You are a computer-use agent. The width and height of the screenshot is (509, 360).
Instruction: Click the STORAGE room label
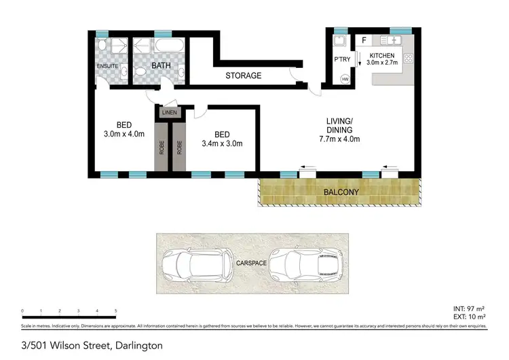click(243, 75)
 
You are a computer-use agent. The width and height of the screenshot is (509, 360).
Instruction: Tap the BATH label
click(161, 65)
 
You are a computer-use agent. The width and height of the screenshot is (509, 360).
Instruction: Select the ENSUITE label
click(108, 66)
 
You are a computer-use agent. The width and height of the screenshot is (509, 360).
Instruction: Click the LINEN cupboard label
click(169, 112)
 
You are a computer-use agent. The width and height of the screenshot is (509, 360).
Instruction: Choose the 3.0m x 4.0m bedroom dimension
click(124, 134)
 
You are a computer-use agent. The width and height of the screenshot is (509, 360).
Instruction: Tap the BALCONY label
click(340, 192)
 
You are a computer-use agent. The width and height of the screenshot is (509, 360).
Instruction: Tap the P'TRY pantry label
click(341, 58)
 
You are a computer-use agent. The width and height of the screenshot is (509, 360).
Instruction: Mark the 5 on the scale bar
click(116, 310)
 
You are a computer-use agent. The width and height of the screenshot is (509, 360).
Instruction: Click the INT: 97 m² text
click(469, 310)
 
